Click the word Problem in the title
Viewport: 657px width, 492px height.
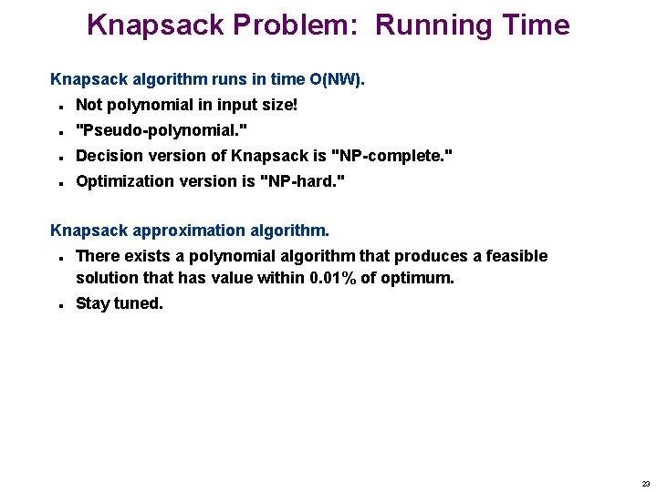(303, 25)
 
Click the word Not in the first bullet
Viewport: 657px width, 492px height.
(89, 105)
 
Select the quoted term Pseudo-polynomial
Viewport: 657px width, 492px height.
(162, 130)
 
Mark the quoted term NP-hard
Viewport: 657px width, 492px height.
(303, 181)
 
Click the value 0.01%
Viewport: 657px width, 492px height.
(334, 278)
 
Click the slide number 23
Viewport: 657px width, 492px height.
(646, 484)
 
